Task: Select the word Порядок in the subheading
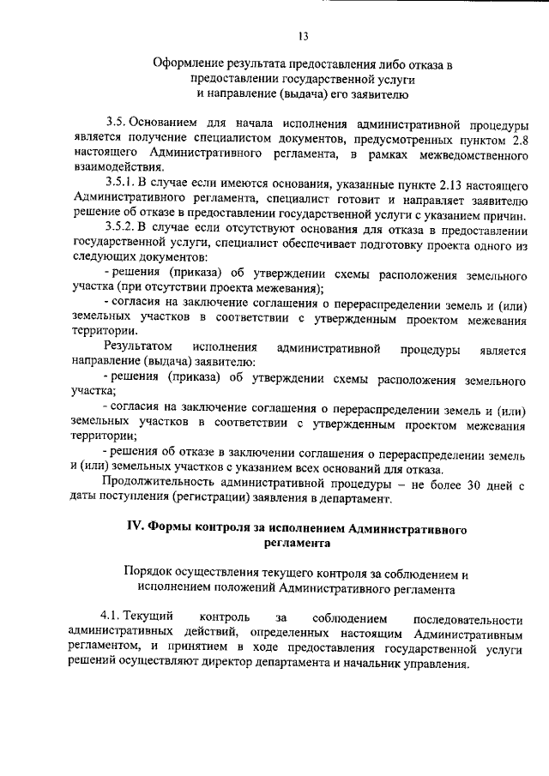148,572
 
